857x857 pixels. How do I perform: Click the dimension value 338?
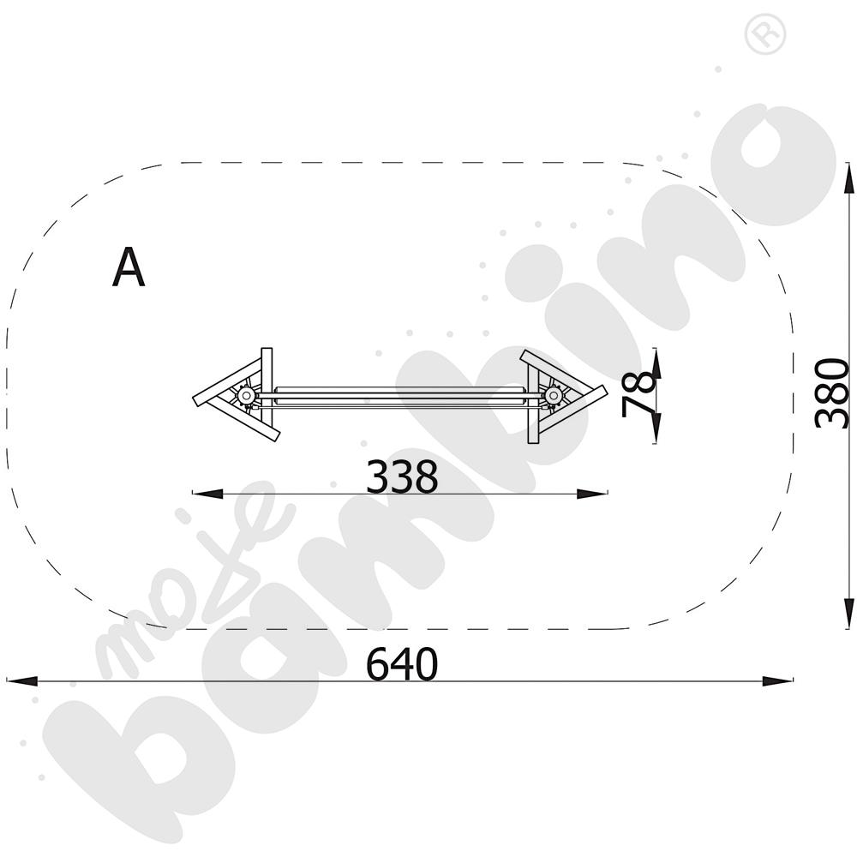(402, 476)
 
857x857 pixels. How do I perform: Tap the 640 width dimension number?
(402, 664)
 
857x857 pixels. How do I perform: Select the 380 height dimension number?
(830, 393)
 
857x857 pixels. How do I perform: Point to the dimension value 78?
(638, 393)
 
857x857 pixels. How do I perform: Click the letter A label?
(129, 267)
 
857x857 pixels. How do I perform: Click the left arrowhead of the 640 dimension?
(22, 681)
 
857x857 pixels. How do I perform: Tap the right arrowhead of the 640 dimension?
(777, 681)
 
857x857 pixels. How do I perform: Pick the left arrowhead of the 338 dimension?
(207, 494)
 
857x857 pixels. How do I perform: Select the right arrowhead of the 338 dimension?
(592, 494)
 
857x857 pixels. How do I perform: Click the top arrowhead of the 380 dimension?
(848, 177)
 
